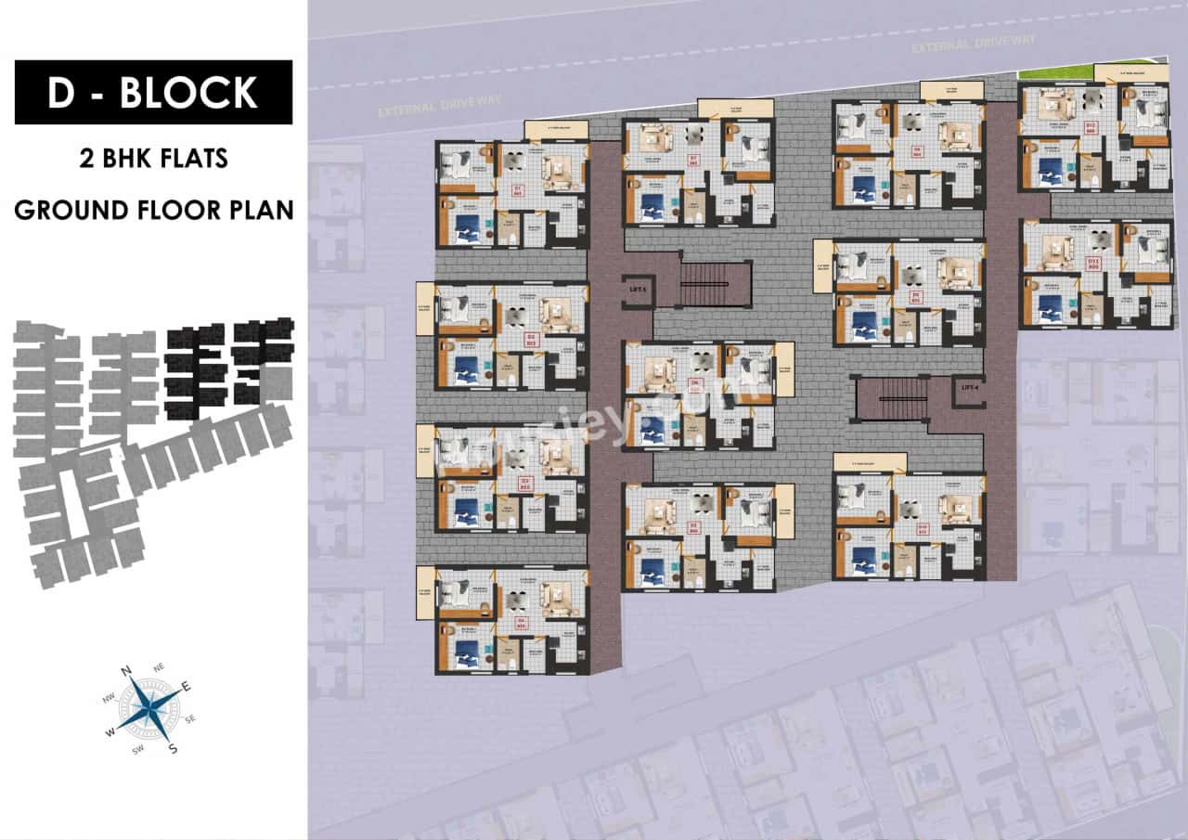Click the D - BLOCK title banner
click(153, 92)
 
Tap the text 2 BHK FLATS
click(154, 159)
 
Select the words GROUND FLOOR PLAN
click(154, 209)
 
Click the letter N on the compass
click(127, 671)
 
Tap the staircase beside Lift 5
click(714, 283)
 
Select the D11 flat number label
click(1092, 265)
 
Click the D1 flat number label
click(518, 192)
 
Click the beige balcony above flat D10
click(869, 461)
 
